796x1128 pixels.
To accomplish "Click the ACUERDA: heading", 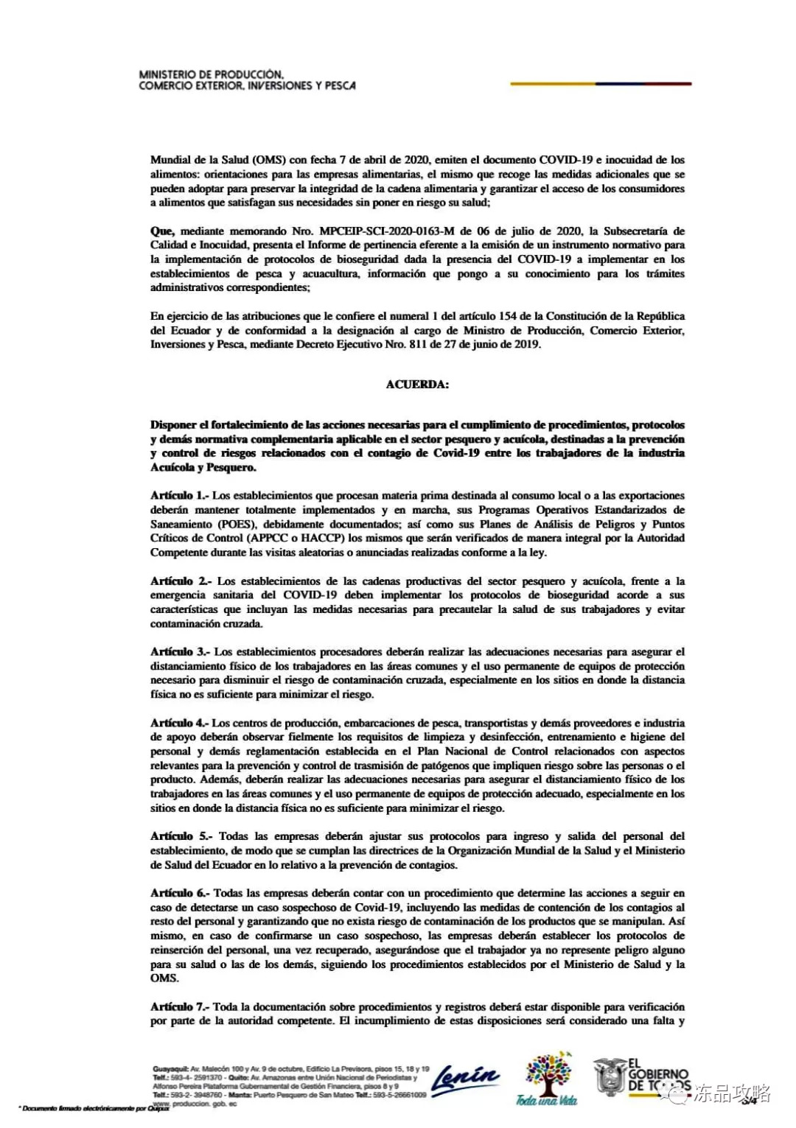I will pos(417,385).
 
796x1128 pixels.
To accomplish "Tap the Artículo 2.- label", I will pos(181,581).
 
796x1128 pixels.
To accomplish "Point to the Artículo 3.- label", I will pos(180,652).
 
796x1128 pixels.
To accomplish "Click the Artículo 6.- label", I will pos(180,894).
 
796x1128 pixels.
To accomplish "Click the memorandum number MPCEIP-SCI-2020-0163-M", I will pos(387,231).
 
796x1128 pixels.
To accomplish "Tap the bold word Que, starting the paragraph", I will pos(162,231).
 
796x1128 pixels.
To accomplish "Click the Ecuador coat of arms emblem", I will pos(610,1076).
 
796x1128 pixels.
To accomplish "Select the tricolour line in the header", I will pos(601,84).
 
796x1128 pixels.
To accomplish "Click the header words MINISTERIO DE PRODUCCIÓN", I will pos(211,75).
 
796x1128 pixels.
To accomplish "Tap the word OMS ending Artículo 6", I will pos(164,978).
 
